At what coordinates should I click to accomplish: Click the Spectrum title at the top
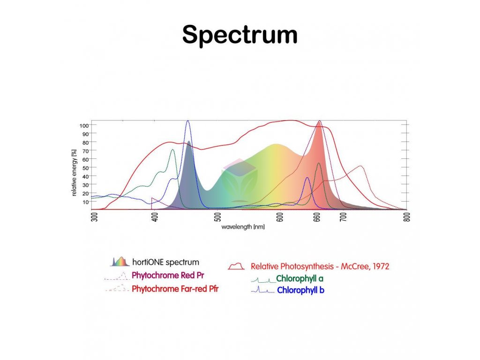point(240,35)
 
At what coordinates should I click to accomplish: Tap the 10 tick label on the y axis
point(86,202)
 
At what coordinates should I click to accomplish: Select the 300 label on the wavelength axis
point(94,217)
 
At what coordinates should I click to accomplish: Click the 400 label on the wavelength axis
point(155,217)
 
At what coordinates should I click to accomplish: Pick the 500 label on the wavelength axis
point(218,217)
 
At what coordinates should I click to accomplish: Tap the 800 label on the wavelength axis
point(406,217)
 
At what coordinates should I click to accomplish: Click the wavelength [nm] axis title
point(243,227)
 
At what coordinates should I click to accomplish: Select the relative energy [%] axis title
point(75,172)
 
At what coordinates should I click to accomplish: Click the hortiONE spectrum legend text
point(165,262)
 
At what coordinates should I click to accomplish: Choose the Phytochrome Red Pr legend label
point(168,275)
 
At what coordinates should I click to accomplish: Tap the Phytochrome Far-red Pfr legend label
point(175,289)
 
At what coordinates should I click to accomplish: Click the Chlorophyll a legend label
point(300,278)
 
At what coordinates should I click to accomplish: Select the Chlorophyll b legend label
point(300,290)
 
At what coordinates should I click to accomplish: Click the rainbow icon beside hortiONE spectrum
point(120,262)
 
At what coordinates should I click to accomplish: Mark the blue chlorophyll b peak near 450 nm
point(188,121)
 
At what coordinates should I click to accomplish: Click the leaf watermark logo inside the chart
point(239,178)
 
